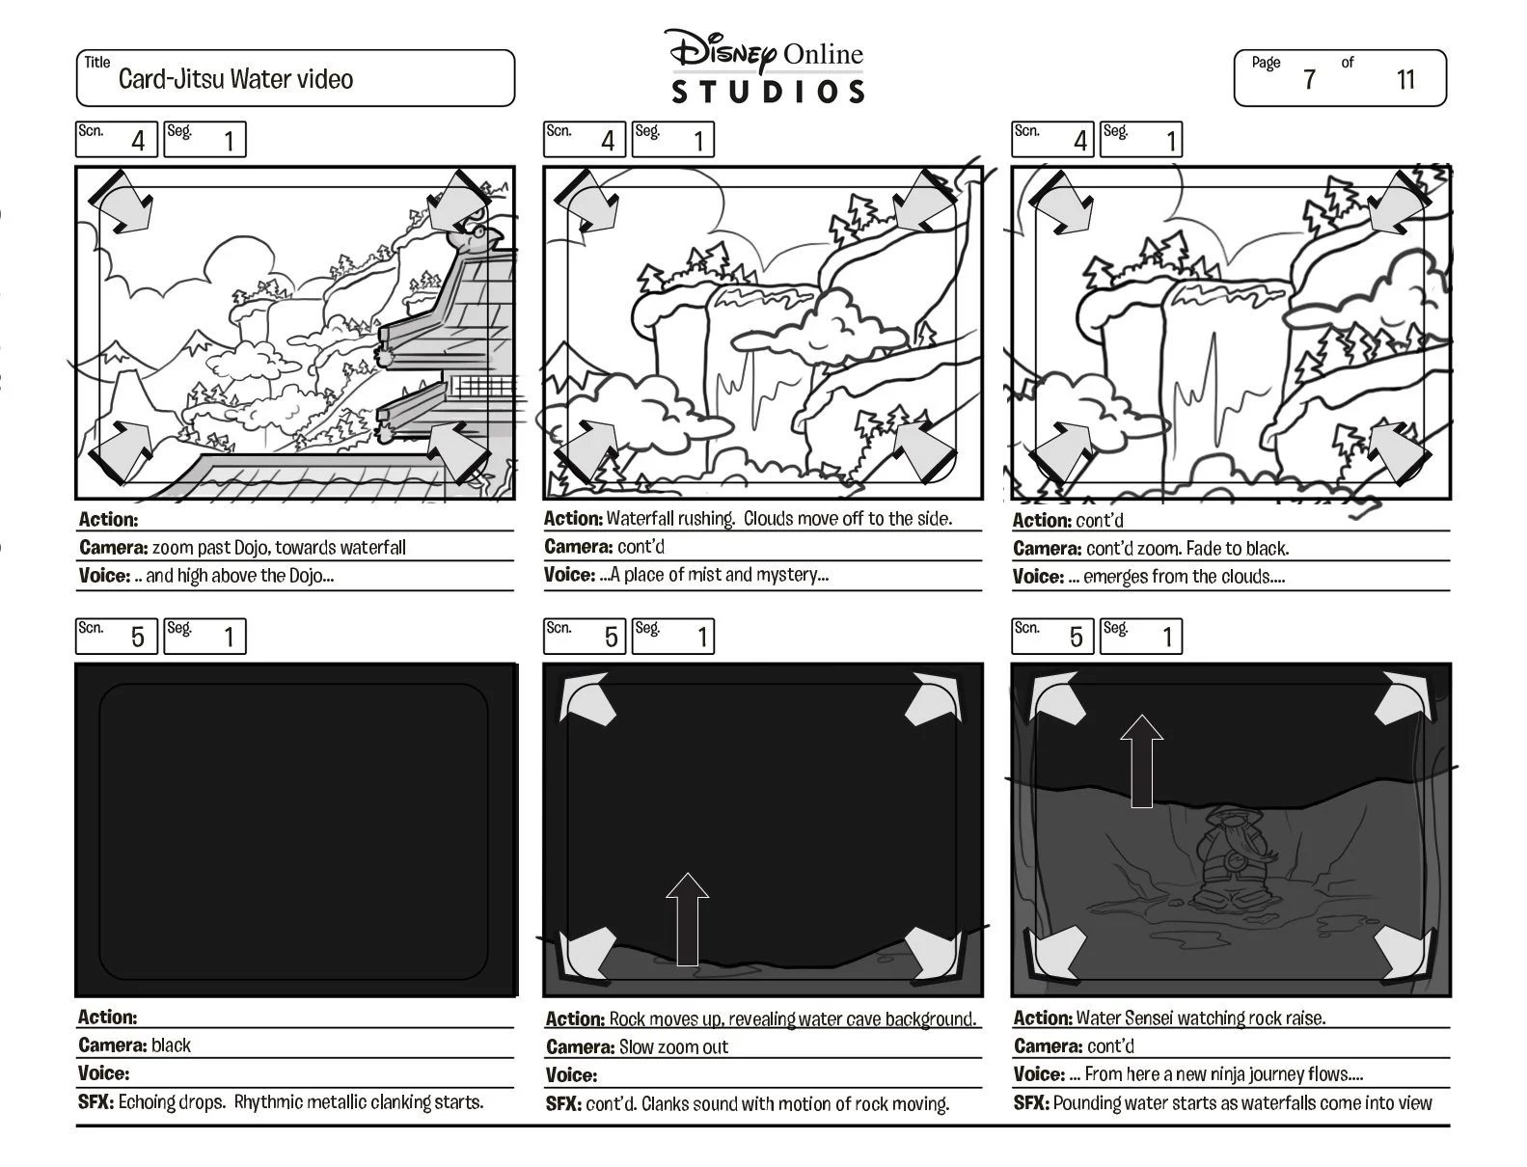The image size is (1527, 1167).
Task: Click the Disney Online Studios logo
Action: pyautogui.click(x=767, y=67)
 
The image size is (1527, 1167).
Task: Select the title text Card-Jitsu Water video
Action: pyautogui.click(x=235, y=79)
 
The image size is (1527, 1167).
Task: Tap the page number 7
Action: pyautogui.click(x=1309, y=79)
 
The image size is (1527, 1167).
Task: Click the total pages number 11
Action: pyautogui.click(x=1405, y=79)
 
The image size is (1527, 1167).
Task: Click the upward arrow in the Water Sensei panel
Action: pyautogui.click(x=1141, y=761)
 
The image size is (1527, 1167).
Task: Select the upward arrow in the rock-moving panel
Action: pyautogui.click(x=688, y=919)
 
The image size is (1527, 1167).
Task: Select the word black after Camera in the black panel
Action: pyautogui.click(x=171, y=1045)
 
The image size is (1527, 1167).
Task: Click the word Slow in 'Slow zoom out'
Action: pyautogui.click(x=635, y=1047)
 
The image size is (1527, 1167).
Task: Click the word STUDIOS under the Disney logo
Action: pyautogui.click(x=768, y=92)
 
